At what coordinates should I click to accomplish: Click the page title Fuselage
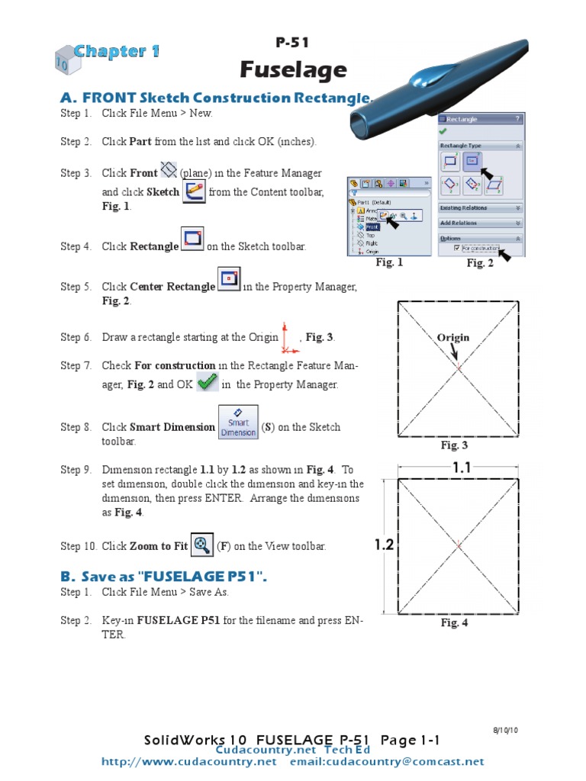pyautogui.click(x=293, y=70)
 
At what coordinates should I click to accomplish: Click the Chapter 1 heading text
pyautogui.click(x=117, y=52)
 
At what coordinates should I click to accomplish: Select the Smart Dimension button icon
pyautogui.click(x=238, y=423)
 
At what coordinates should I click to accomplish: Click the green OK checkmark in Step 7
pyautogui.click(x=207, y=382)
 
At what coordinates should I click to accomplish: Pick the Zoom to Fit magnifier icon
pyautogui.click(x=202, y=545)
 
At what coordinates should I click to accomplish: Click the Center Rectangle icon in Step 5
pyautogui.click(x=230, y=279)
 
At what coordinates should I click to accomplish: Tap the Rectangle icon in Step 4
pyautogui.click(x=193, y=239)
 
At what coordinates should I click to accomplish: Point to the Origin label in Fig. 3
pyautogui.click(x=452, y=338)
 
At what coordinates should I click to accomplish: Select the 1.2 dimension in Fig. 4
pyautogui.click(x=383, y=544)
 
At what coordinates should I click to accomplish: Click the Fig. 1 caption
pyautogui.click(x=388, y=262)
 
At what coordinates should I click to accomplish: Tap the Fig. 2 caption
pyautogui.click(x=480, y=263)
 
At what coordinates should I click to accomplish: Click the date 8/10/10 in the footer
pyautogui.click(x=505, y=731)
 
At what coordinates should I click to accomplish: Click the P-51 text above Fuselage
pyautogui.click(x=292, y=43)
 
